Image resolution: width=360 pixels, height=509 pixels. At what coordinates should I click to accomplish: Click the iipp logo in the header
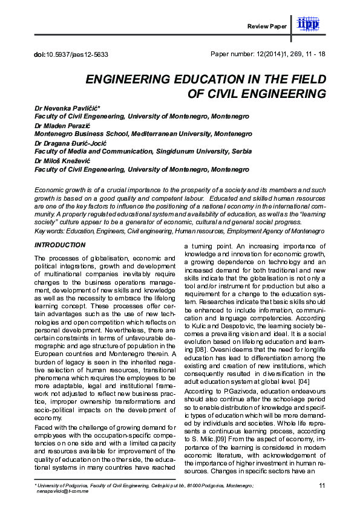coord(312,24)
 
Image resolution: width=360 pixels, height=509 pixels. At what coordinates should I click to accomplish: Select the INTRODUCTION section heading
coord(60,245)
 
